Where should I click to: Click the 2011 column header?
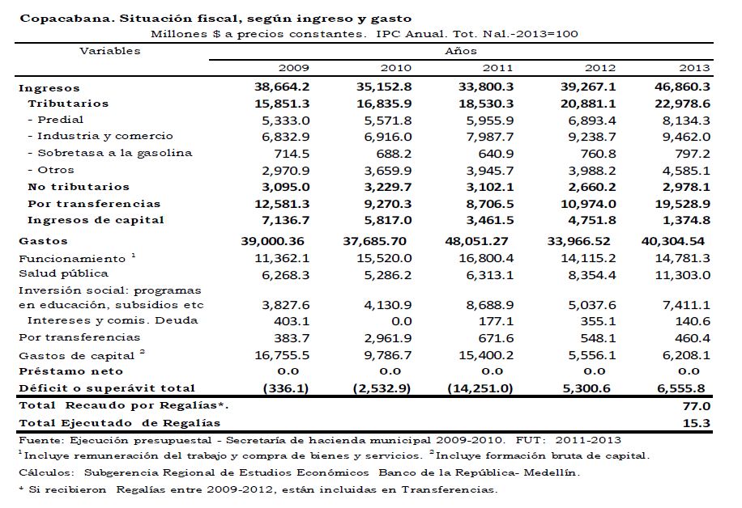[497, 68]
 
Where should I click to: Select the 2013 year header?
[695, 68]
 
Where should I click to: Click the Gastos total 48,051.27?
[480, 241]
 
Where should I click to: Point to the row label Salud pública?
[55, 273]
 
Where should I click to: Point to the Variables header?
[110, 50]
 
